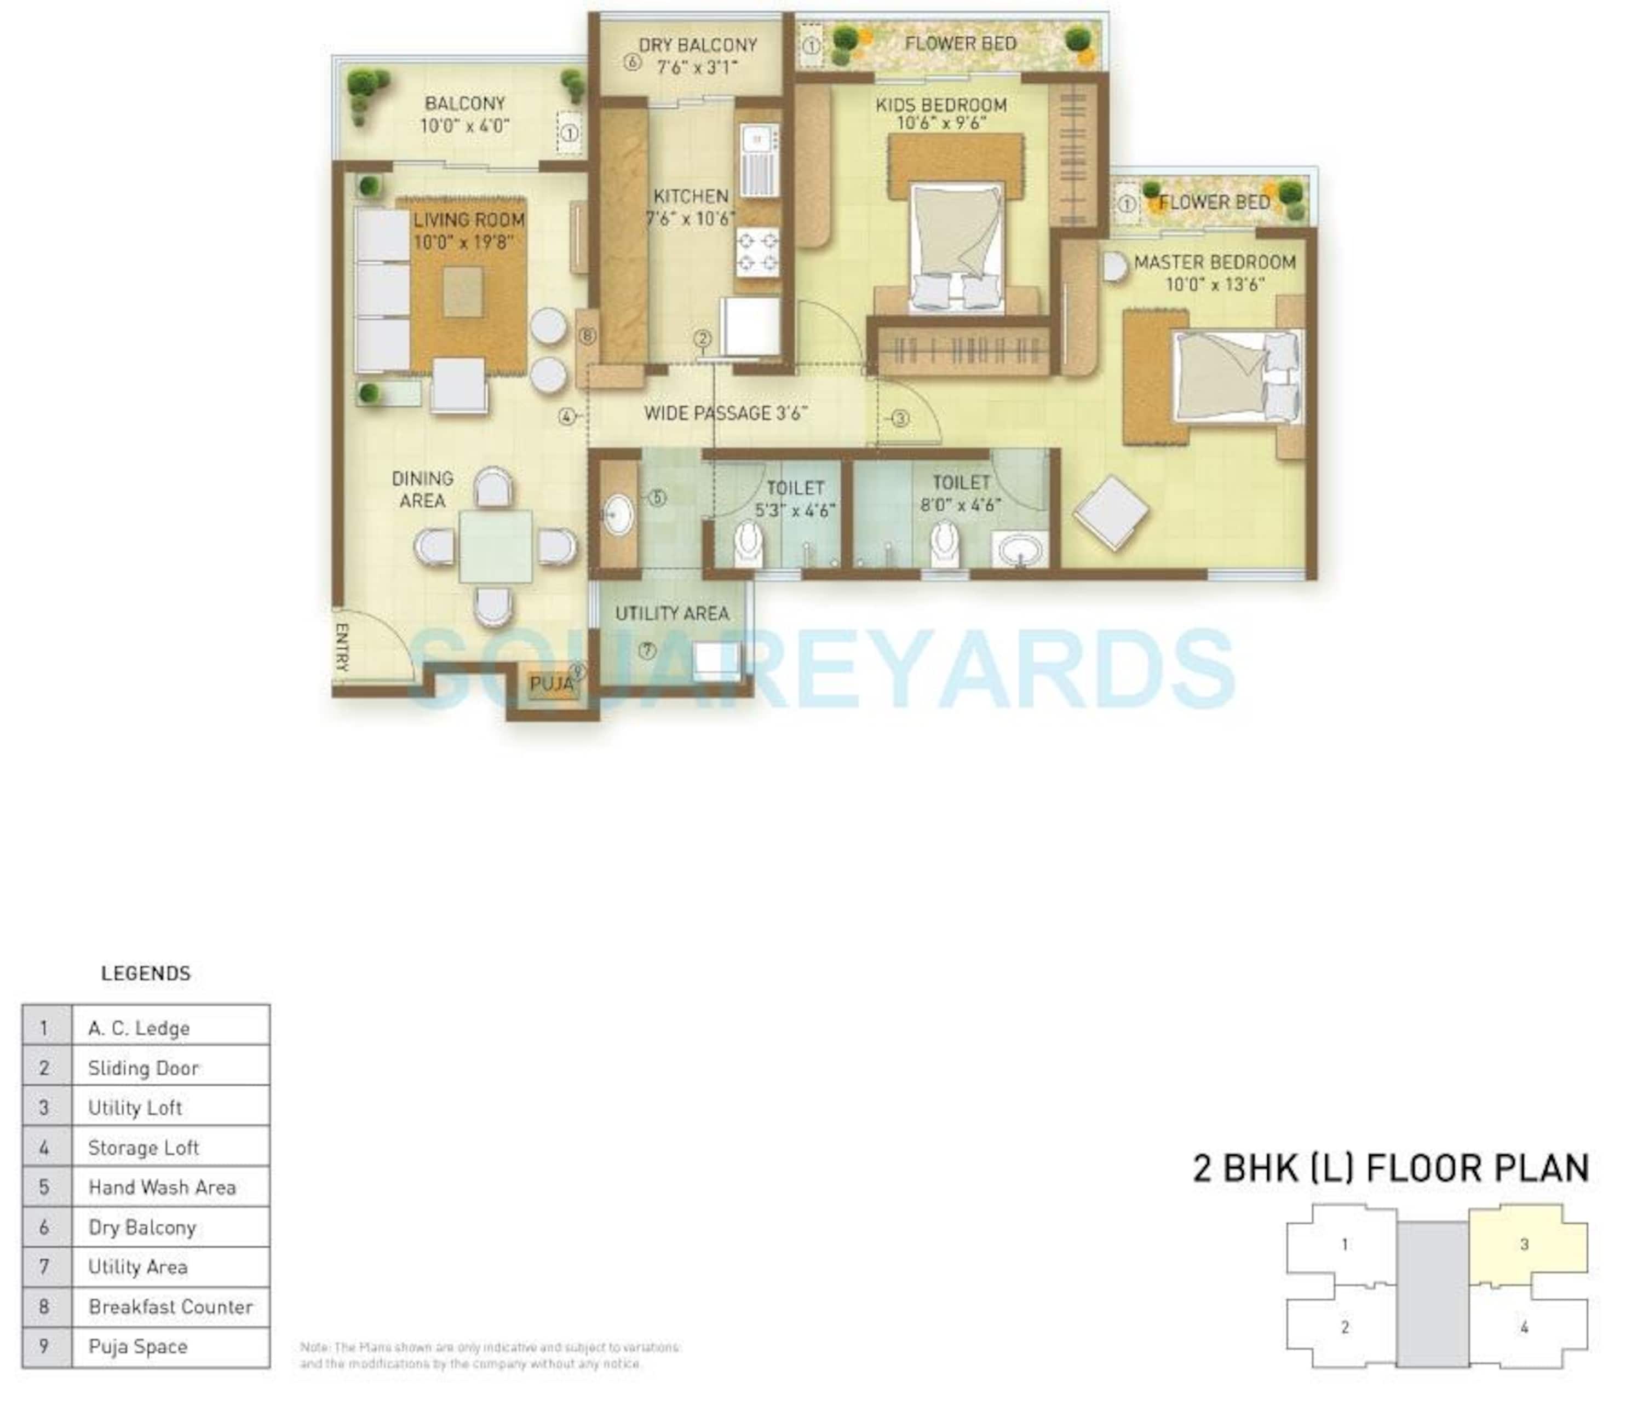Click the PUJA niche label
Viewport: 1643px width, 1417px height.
pos(551,683)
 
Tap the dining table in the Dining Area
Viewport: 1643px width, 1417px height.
pos(496,547)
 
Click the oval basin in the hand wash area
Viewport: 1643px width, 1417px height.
pos(618,515)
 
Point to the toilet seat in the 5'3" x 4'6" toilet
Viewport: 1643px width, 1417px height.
pos(748,543)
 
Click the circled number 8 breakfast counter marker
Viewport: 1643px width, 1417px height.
pos(587,336)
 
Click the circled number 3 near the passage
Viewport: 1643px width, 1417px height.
pos(900,419)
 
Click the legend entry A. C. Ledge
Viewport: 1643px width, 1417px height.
pos(139,1028)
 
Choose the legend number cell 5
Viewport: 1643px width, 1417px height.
pos(44,1187)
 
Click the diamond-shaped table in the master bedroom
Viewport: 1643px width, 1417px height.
pos(1111,513)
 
